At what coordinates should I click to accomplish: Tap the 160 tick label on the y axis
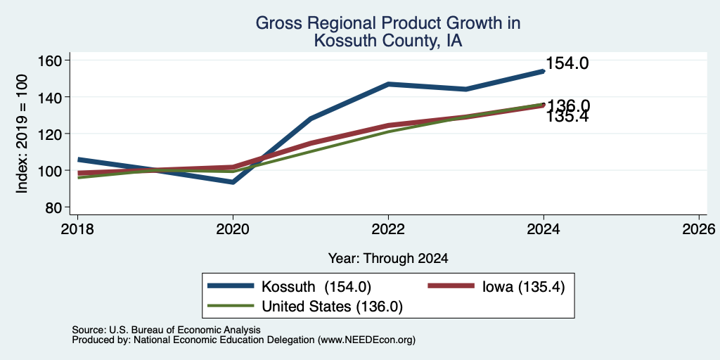point(50,60)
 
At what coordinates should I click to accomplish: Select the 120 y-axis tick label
point(50,134)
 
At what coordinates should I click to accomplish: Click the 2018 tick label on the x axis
point(77,229)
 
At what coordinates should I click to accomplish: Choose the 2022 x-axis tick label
point(388,229)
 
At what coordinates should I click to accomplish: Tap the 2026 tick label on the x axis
point(699,229)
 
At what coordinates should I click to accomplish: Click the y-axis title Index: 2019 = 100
point(22,134)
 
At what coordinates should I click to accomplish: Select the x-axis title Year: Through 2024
point(388,259)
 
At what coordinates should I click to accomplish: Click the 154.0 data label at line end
point(567,63)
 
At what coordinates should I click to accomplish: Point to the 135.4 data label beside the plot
point(567,117)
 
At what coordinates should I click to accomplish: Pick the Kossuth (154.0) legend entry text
point(316,287)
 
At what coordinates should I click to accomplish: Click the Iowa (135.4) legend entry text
point(523,287)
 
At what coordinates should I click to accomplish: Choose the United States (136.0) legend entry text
point(332,307)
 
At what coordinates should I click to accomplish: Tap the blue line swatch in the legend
point(231,286)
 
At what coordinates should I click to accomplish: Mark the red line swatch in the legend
point(451,286)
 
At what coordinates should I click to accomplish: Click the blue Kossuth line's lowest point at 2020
point(233,182)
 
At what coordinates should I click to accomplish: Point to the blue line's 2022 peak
point(388,84)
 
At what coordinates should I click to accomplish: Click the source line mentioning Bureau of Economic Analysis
point(166,330)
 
